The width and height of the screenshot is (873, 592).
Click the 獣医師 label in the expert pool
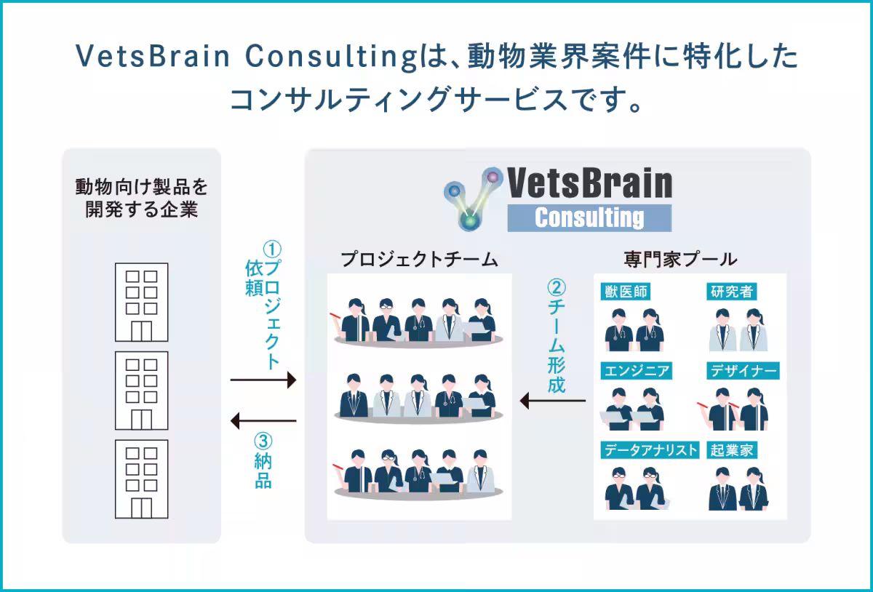click(627, 292)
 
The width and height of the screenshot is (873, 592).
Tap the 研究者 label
click(732, 292)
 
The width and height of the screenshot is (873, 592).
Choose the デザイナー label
click(743, 371)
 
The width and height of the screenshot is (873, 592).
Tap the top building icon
click(141, 302)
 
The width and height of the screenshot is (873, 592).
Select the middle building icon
click(141, 391)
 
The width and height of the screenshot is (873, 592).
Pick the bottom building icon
click(141, 479)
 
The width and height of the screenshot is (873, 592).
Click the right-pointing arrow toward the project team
click(263, 380)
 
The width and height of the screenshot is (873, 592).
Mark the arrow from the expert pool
click(553, 400)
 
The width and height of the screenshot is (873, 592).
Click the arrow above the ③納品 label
click(263, 420)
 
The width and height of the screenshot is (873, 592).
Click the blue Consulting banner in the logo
click(589, 217)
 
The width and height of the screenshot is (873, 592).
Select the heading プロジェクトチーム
click(419, 260)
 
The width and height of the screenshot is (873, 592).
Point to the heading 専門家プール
click(680, 260)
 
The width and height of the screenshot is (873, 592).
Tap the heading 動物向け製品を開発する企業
click(141, 199)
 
